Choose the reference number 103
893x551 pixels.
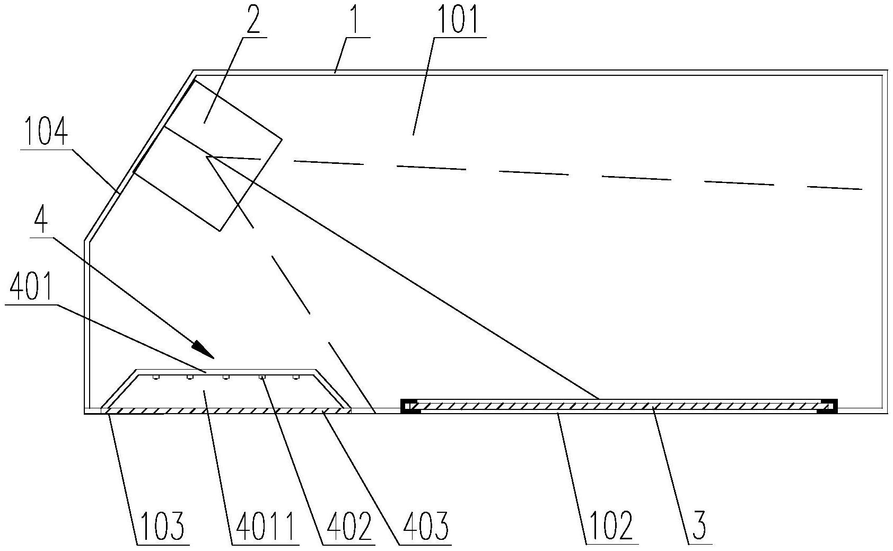point(162,527)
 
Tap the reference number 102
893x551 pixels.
point(611,527)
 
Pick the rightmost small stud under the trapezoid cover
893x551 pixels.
point(296,378)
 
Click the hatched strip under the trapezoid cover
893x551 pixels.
point(225,410)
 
